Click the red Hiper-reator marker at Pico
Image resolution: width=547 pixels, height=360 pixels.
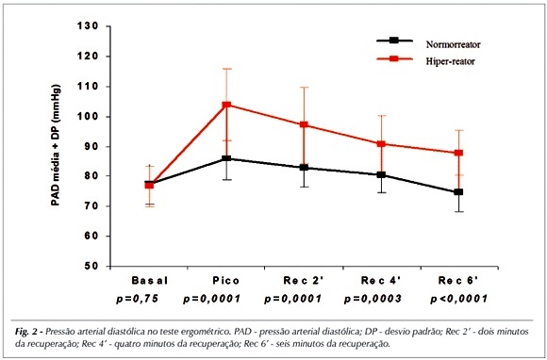pos(226,105)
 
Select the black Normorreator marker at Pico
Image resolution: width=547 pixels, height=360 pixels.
pos(226,158)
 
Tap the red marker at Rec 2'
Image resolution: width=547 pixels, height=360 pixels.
pos(304,124)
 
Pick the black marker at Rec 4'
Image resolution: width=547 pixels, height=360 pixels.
pos(381,174)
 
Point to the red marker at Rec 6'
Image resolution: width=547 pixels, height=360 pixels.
pos(458,153)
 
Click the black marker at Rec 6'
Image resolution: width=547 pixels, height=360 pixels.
pos(458,191)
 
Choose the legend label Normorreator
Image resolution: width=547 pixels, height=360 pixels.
pos(453,44)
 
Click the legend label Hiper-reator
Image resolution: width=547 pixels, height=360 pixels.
pos(451,61)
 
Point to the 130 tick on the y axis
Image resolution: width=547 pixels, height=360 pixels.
pos(87,26)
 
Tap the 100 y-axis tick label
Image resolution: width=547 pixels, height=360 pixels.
pos(87,117)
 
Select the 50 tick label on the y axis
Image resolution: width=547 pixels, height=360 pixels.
pos(91,266)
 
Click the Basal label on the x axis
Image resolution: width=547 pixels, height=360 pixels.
pos(149,281)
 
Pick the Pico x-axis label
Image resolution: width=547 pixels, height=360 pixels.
pos(226,281)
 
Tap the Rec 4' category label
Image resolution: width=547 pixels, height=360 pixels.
pos(381,280)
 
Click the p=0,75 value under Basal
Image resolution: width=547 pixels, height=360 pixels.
pos(138,299)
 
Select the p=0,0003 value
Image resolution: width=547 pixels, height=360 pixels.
pos(373,299)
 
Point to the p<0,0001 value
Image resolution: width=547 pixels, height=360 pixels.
pos(458,299)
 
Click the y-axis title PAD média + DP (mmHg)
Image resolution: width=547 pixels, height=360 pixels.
pos(56,145)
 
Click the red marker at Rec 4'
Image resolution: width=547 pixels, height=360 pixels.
pos(381,144)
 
